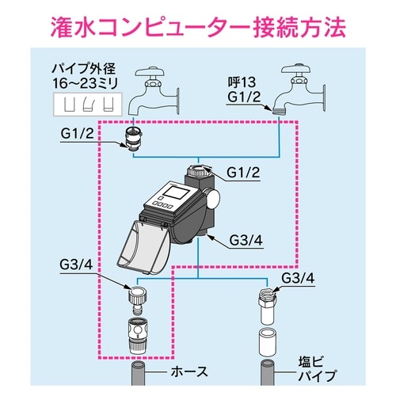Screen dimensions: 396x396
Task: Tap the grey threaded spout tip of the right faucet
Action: (x=277, y=113)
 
